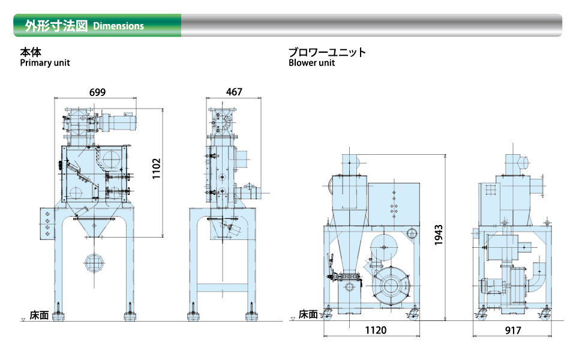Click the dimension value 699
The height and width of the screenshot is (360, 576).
pyautogui.click(x=97, y=92)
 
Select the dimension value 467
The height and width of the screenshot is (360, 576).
pyautogui.click(x=234, y=91)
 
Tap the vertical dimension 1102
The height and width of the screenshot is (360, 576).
pyautogui.click(x=157, y=169)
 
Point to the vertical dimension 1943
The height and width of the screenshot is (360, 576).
pyautogui.click(x=439, y=235)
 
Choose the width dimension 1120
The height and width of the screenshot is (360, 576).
pyautogui.click(x=376, y=330)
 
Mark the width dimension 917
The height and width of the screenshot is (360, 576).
pyautogui.click(x=513, y=331)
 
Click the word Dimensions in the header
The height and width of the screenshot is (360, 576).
pyautogui.click(x=118, y=26)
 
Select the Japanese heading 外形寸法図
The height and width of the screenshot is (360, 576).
pyautogui.click(x=56, y=26)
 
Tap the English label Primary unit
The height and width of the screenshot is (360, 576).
pyautogui.click(x=45, y=63)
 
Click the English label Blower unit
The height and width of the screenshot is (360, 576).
pyautogui.click(x=311, y=63)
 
